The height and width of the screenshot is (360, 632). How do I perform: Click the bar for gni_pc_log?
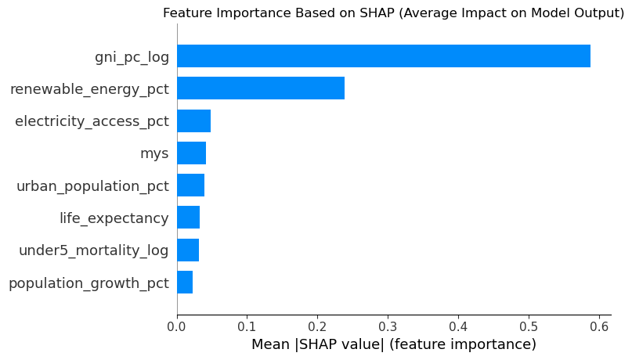tap(383, 56)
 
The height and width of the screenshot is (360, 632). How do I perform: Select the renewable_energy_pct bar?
tap(261, 88)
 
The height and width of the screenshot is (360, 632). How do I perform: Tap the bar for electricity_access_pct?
tap(193, 121)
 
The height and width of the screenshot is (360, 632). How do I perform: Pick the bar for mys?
tap(191, 153)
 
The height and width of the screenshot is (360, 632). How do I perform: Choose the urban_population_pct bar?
tap(190, 185)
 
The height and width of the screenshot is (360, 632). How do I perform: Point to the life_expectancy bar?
tap(188, 218)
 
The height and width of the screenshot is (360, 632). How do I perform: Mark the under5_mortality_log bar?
tap(188, 250)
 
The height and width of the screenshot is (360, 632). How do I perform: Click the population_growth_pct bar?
tap(185, 283)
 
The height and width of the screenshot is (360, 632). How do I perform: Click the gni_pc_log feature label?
tap(132, 56)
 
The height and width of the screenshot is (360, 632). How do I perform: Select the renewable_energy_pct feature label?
tap(89, 88)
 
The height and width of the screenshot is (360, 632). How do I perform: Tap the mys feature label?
tap(154, 153)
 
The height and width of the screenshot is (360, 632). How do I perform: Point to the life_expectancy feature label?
tap(114, 218)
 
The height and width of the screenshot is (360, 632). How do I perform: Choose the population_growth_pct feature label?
tap(88, 283)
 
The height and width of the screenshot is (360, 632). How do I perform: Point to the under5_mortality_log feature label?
tap(94, 250)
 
